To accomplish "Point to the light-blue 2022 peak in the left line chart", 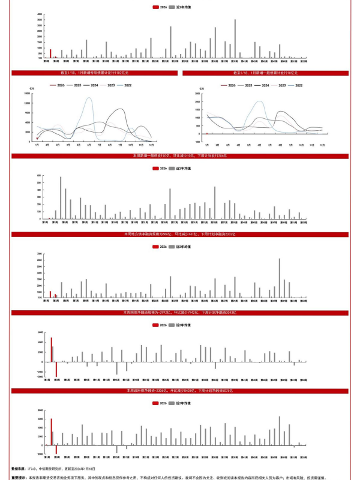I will tap(89, 99).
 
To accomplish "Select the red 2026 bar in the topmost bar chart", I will tap(50, 53).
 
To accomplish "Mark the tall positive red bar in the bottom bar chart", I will tap(52, 432).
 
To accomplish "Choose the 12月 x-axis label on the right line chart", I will tap(324, 145).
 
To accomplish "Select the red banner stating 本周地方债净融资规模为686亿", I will tap(180, 234).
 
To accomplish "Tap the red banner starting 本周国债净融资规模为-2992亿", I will tap(180, 313).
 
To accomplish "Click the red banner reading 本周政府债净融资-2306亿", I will tap(180, 391).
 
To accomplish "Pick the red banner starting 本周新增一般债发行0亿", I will tap(180, 156).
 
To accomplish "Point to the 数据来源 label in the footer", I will tap(18, 469).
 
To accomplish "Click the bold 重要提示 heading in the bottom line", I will tap(19, 478).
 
